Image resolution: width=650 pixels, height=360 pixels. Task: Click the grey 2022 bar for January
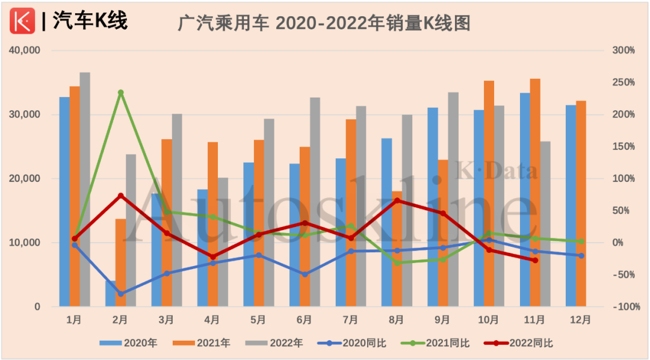point(85,190)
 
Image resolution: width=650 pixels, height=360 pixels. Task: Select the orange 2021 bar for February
point(121,262)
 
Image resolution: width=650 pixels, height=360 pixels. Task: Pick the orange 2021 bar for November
point(535,193)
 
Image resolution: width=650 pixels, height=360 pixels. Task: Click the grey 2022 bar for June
point(315,202)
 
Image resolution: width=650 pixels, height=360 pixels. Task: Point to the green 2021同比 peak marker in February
point(121,93)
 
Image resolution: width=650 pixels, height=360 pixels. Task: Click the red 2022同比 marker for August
point(397,200)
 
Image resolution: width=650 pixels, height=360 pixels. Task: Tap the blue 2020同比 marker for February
point(121,294)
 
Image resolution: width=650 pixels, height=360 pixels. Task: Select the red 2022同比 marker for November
point(535,260)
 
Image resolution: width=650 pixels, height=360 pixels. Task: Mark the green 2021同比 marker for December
point(581,241)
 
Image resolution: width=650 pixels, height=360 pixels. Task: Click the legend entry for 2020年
point(129,343)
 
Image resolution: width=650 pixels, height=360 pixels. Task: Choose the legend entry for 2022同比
point(518,343)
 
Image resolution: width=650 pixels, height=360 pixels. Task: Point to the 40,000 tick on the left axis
point(25,51)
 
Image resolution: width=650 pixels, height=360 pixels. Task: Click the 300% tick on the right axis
point(624,51)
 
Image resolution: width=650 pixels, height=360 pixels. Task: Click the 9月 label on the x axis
point(442,320)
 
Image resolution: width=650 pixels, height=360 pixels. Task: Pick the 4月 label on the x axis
point(212,320)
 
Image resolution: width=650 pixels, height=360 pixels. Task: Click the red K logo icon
point(22,22)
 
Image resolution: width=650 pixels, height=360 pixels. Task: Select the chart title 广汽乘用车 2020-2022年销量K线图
point(324,23)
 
